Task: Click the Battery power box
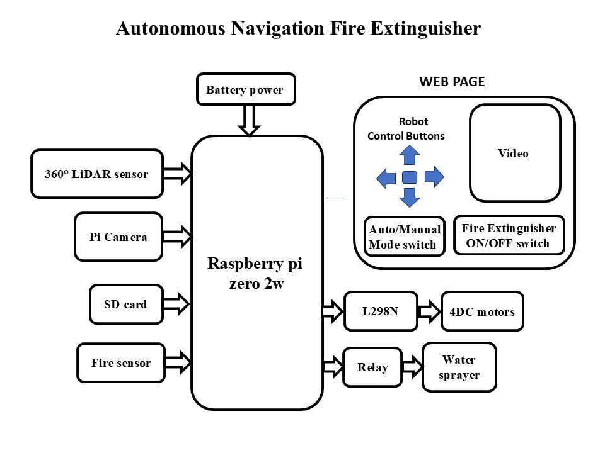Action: (246, 89)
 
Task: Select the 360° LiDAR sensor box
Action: (97, 174)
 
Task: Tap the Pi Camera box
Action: (118, 237)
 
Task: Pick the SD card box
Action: (126, 305)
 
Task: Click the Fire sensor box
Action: (121, 362)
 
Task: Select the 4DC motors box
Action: (483, 311)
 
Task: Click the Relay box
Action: (372, 367)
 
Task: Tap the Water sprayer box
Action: (459, 367)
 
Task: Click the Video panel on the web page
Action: (515, 153)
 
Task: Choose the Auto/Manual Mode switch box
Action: (403, 237)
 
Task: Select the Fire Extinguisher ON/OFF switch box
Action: (509, 235)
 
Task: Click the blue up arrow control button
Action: (410, 155)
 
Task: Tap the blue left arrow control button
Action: (386, 178)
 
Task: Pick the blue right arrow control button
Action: (434, 177)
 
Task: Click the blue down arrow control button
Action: (410, 198)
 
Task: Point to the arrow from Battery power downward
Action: (250, 120)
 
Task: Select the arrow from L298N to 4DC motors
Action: (430, 311)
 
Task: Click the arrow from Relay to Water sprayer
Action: (412, 367)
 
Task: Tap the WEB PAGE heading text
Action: (452, 81)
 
